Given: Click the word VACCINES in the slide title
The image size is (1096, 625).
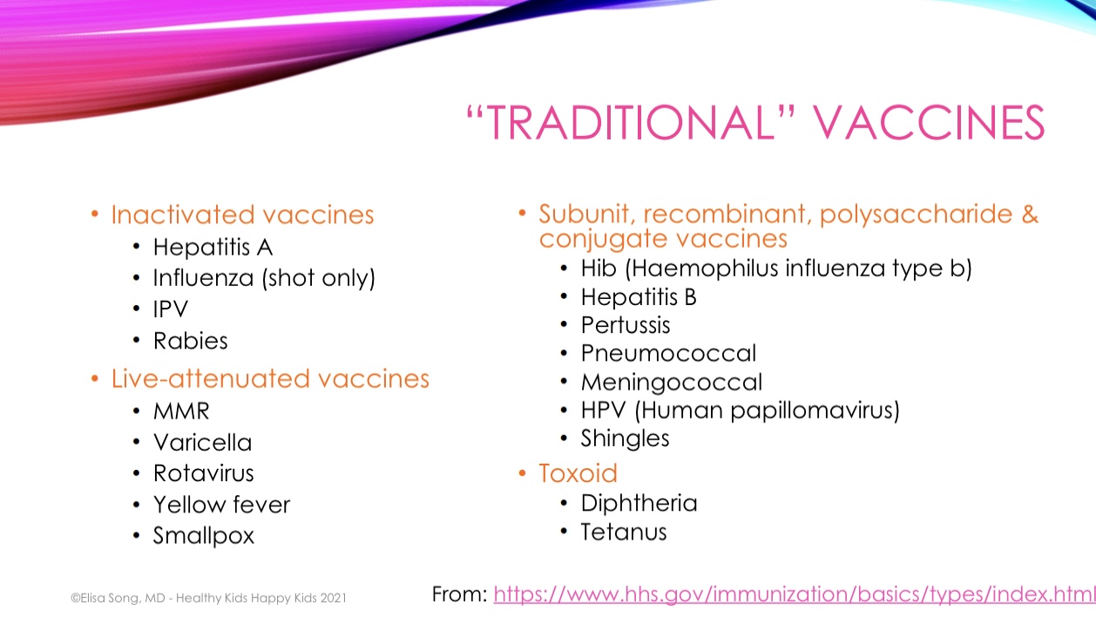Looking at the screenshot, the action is [x=928, y=122].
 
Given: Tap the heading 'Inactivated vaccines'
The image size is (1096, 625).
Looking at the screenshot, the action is [x=242, y=214].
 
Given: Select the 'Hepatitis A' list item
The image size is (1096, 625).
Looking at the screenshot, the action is [x=213, y=247].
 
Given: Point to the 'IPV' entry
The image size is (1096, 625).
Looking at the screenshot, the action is [x=170, y=309].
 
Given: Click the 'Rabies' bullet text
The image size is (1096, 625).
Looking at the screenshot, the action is [x=190, y=341].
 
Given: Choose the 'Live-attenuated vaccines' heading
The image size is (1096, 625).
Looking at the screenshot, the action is [x=270, y=378].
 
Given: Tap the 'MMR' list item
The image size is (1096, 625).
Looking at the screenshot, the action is [x=181, y=411].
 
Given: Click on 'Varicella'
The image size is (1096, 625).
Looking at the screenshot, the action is [x=203, y=442].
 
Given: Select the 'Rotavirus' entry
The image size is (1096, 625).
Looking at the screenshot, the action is [x=204, y=473].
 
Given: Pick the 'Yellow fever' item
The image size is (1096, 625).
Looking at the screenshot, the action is [x=221, y=504].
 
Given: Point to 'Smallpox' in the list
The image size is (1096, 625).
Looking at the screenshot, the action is [x=204, y=535].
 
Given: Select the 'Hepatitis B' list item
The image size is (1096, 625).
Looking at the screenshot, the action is [x=639, y=296].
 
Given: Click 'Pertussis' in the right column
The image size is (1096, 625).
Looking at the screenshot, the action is [x=626, y=325].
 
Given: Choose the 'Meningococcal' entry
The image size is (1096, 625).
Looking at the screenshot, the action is [x=672, y=382].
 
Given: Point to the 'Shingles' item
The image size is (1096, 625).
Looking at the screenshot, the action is [x=625, y=438].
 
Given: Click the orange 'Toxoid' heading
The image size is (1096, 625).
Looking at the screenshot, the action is [x=578, y=473].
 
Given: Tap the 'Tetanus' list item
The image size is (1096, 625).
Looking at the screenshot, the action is [x=623, y=532].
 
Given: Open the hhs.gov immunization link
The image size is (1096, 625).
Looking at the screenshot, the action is [x=795, y=594].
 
